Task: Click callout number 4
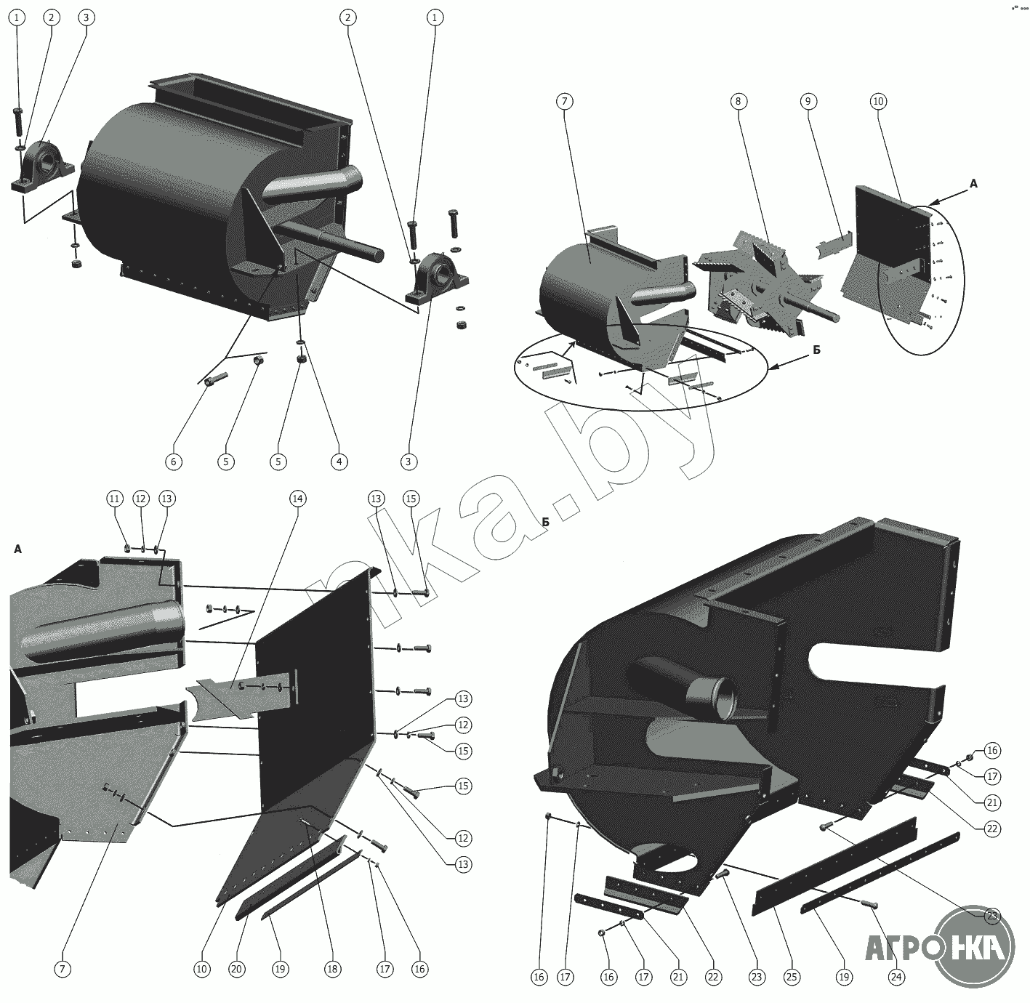(339, 462)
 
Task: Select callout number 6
(174, 462)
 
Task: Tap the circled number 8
(739, 101)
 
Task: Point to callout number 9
(808, 101)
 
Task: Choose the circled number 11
(115, 499)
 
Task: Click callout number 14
(298, 499)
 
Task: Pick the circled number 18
(332, 969)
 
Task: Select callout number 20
(236, 969)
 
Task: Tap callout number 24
(896, 977)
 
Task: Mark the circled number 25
(792, 977)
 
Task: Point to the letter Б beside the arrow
(817, 350)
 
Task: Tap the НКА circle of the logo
(975, 946)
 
